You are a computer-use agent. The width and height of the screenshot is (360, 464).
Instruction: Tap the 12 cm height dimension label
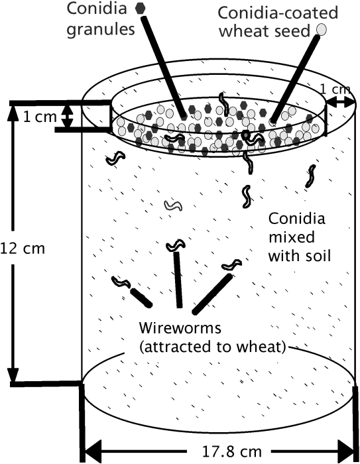click(23, 249)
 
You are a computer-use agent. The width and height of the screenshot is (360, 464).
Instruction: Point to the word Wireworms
click(180, 328)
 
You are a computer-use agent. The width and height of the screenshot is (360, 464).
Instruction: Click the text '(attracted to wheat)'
click(213, 347)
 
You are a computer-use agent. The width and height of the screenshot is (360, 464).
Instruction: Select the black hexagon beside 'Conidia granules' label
click(141, 8)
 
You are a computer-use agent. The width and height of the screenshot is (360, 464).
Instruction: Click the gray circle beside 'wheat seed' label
click(322, 29)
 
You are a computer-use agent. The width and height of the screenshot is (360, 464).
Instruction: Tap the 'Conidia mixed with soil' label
click(299, 237)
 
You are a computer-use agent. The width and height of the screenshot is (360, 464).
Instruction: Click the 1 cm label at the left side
click(40, 117)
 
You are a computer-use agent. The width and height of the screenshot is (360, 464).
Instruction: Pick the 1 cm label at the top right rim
click(335, 89)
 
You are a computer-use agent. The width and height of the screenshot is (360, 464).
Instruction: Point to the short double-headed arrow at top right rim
click(340, 102)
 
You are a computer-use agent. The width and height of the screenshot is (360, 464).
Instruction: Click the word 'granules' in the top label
click(101, 30)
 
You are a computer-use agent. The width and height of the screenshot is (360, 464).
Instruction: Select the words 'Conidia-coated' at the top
click(278, 13)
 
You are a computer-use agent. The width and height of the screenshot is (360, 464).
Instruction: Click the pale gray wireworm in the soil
click(173, 205)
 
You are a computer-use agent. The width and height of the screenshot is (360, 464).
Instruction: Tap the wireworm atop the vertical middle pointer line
click(176, 245)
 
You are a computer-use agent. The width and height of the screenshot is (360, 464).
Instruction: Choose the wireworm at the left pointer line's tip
click(121, 282)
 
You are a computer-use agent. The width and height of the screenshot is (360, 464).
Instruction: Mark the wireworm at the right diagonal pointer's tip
click(232, 264)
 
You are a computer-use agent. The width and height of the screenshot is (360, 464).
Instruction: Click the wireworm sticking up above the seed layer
click(224, 103)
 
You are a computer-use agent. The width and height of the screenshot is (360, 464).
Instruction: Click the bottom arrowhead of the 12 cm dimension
click(13, 375)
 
